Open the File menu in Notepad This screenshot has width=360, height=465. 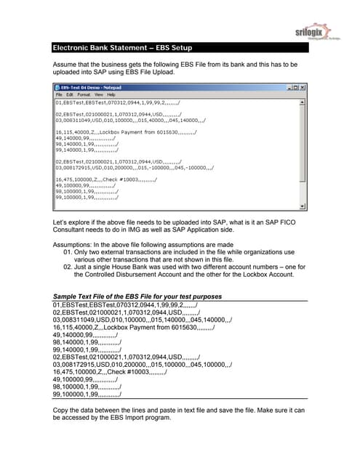point(60,94)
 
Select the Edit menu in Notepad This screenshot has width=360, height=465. point(70,94)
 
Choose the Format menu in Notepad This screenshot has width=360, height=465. point(84,94)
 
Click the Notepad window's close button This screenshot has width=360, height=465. point(298,86)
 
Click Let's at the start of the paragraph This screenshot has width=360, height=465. point(61,219)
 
